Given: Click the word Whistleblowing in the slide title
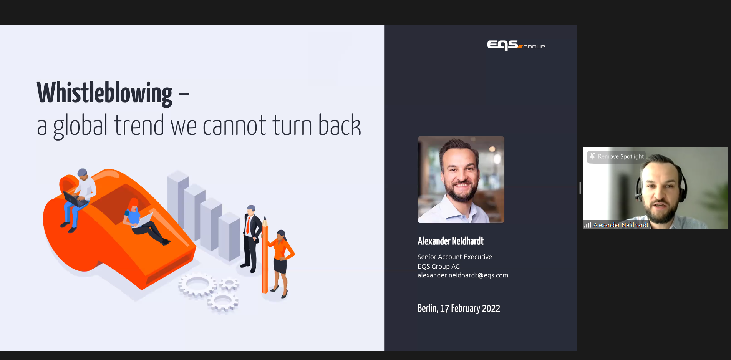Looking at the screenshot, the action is (x=104, y=93).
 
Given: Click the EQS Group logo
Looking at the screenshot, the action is (x=516, y=45).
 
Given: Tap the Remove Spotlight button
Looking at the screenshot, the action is (x=617, y=156).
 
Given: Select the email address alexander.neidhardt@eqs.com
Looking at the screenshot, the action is (x=463, y=275).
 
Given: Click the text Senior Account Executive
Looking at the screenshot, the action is (x=455, y=257).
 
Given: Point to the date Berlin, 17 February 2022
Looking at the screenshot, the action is (x=459, y=308).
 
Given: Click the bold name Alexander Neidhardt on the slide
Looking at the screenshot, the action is (x=451, y=241).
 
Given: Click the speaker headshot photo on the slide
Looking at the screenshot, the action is (x=461, y=179).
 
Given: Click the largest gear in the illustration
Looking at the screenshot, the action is (x=197, y=285).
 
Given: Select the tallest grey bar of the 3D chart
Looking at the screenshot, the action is (x=177, y=200).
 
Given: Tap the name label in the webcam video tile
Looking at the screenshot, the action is (x=621, y=225).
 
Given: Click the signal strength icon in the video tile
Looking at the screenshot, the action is (x=588, y=225).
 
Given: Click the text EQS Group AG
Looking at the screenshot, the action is (x=439, y=266).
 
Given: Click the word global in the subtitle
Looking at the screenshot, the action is (x=80, y=126).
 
